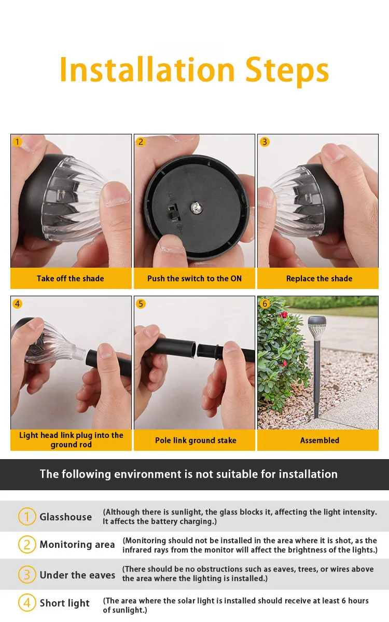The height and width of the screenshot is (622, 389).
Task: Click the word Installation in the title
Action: pos(147,70)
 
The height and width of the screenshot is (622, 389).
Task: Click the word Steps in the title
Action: pos(287,70)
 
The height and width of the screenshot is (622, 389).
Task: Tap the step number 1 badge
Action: pos(18,142)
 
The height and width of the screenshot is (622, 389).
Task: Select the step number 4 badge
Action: pos(18,303)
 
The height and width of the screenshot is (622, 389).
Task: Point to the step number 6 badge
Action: pos(265,303)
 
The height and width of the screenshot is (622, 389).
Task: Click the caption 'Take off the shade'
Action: pos(71,279)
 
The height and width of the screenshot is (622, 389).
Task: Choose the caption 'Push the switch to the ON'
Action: pos(194,279)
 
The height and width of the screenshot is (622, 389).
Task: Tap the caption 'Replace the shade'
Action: pos(319,279)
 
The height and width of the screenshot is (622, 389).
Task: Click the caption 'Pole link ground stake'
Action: pos(196,440)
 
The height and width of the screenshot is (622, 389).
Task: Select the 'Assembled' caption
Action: pos(319,440)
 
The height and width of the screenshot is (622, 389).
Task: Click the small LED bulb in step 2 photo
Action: pos(196,208)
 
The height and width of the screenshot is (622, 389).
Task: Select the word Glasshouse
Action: pos(66,517)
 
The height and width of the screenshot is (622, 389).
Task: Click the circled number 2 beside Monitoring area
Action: pos(27,544)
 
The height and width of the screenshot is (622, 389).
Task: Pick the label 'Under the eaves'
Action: pos(77,575)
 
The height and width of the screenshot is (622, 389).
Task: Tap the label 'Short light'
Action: pos(65,603)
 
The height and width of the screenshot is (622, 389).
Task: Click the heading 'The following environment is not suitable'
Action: pos(189,474)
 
